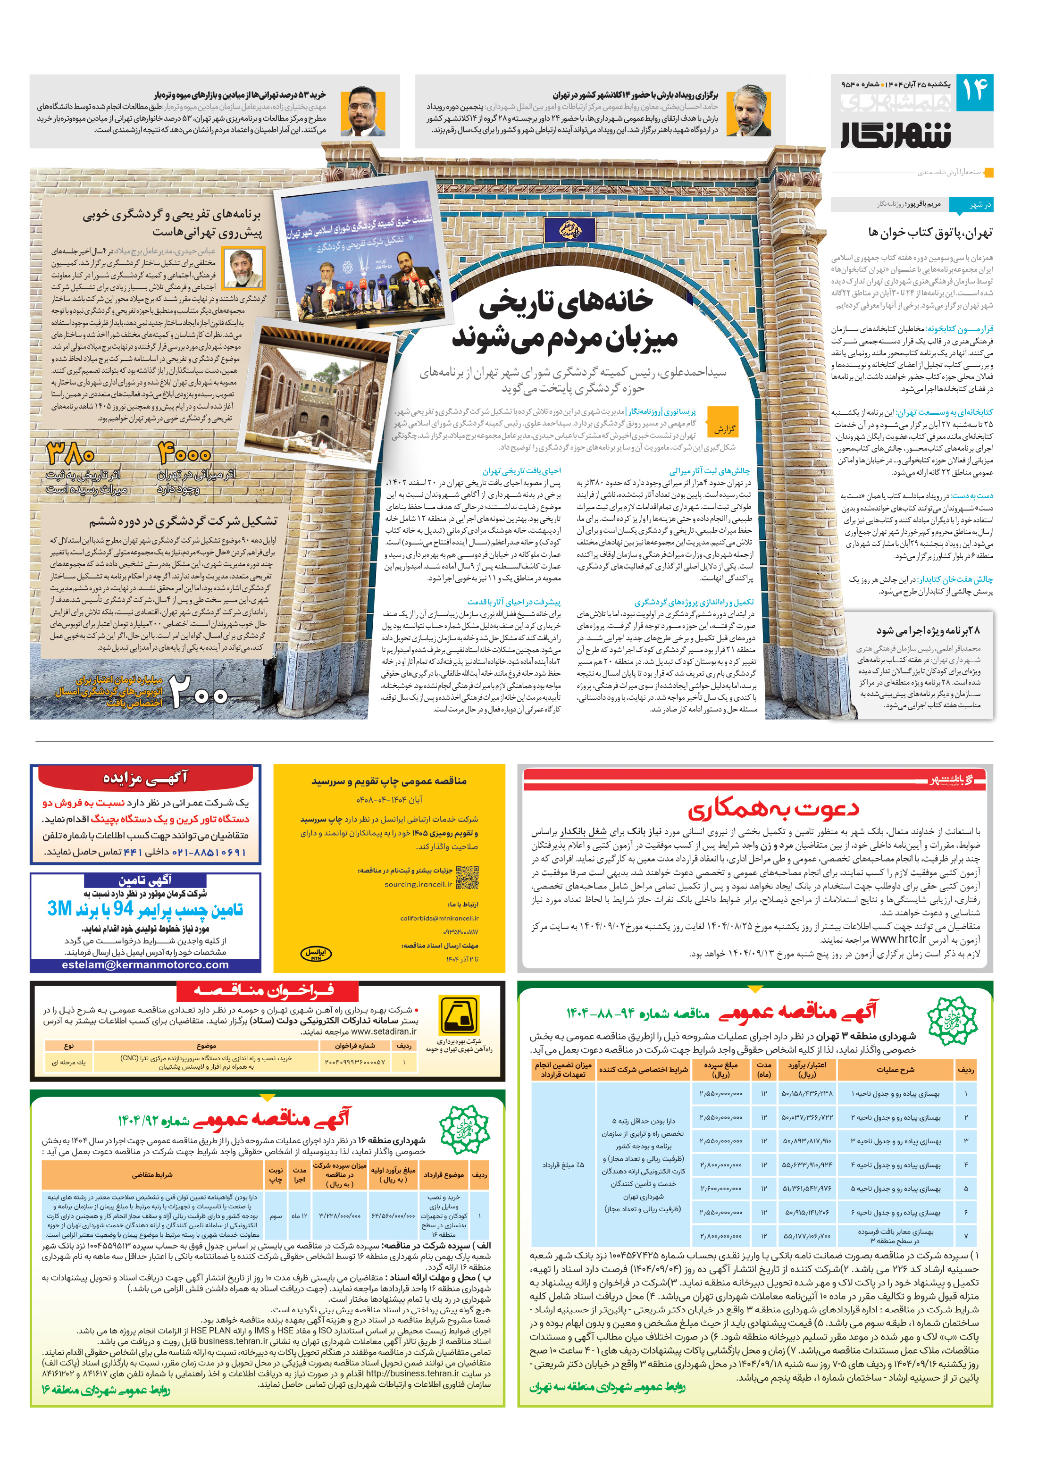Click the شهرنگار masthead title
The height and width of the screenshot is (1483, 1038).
coord(896,134)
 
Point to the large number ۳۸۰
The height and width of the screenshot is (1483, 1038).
coord(71,454)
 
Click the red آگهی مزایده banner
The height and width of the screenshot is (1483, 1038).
coord(145,778)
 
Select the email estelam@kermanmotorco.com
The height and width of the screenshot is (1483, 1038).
coord(145,964)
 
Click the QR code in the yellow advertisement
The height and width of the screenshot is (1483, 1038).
coord(467,878)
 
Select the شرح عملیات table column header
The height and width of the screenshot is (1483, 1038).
coord(895,1070)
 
